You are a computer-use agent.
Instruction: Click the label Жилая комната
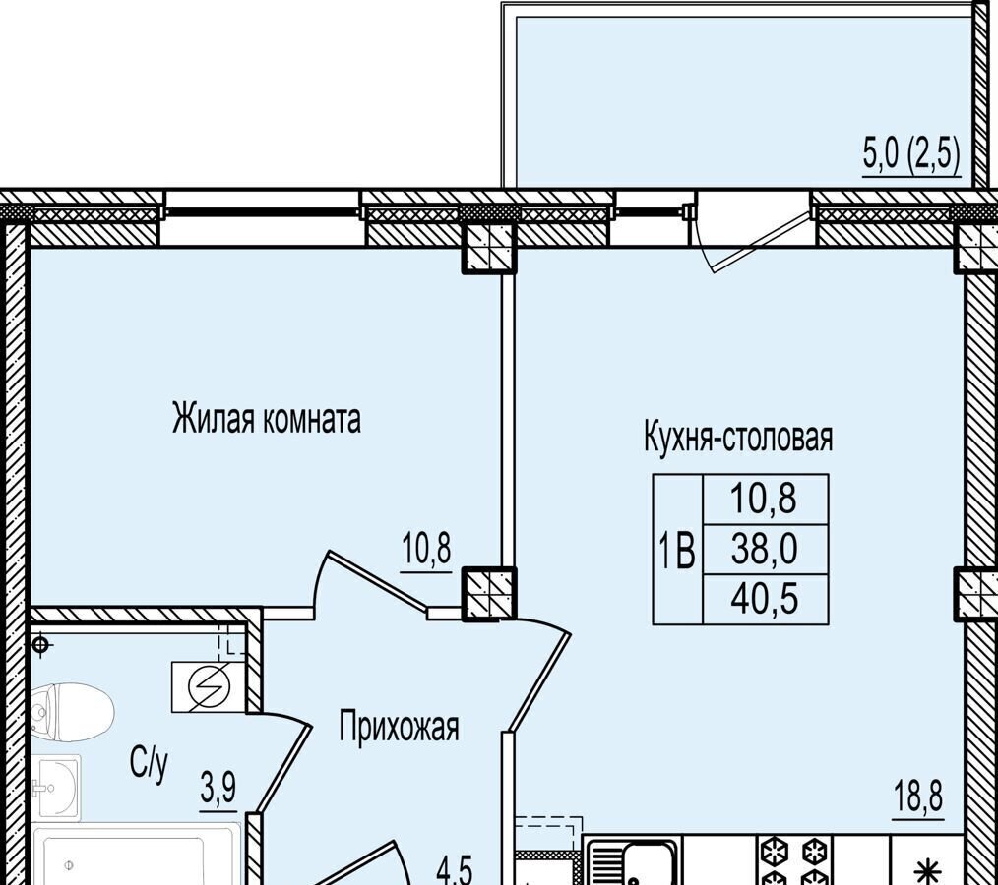267,419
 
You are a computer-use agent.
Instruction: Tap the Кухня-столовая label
739,438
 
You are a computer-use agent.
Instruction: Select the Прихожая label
399,728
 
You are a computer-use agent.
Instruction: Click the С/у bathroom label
150,764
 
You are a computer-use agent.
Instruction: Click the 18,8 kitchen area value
919,797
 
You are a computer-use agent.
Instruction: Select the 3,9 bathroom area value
218,790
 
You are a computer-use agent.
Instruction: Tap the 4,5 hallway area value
455,871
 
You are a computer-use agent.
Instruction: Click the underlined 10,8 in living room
426,549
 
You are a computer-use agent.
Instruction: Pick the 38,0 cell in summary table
765,550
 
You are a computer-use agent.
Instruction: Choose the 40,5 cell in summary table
765,600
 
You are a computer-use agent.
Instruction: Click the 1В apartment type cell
678,550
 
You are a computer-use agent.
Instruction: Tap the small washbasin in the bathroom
57,787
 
